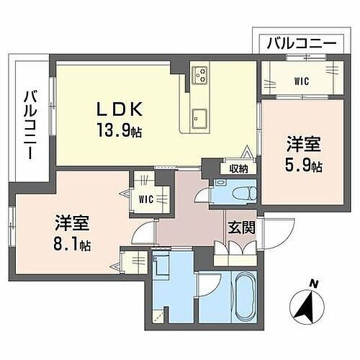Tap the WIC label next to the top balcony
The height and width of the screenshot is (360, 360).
pyautogui.click(x=302, y=81)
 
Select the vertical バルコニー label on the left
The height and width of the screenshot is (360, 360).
pyautogui.click(x=30, y=125)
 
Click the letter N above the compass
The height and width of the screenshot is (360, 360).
pyautogui.click(x=312, y=282)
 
